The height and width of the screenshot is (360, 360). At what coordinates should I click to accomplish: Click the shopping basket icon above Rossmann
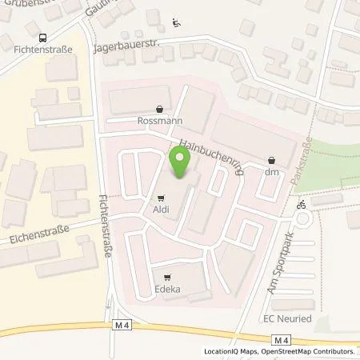click(x=160, y=110)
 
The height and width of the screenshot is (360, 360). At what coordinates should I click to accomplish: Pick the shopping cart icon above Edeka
click(x=166, y=277)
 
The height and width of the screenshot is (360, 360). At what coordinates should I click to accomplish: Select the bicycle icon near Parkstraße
click(x=301, y=204)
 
